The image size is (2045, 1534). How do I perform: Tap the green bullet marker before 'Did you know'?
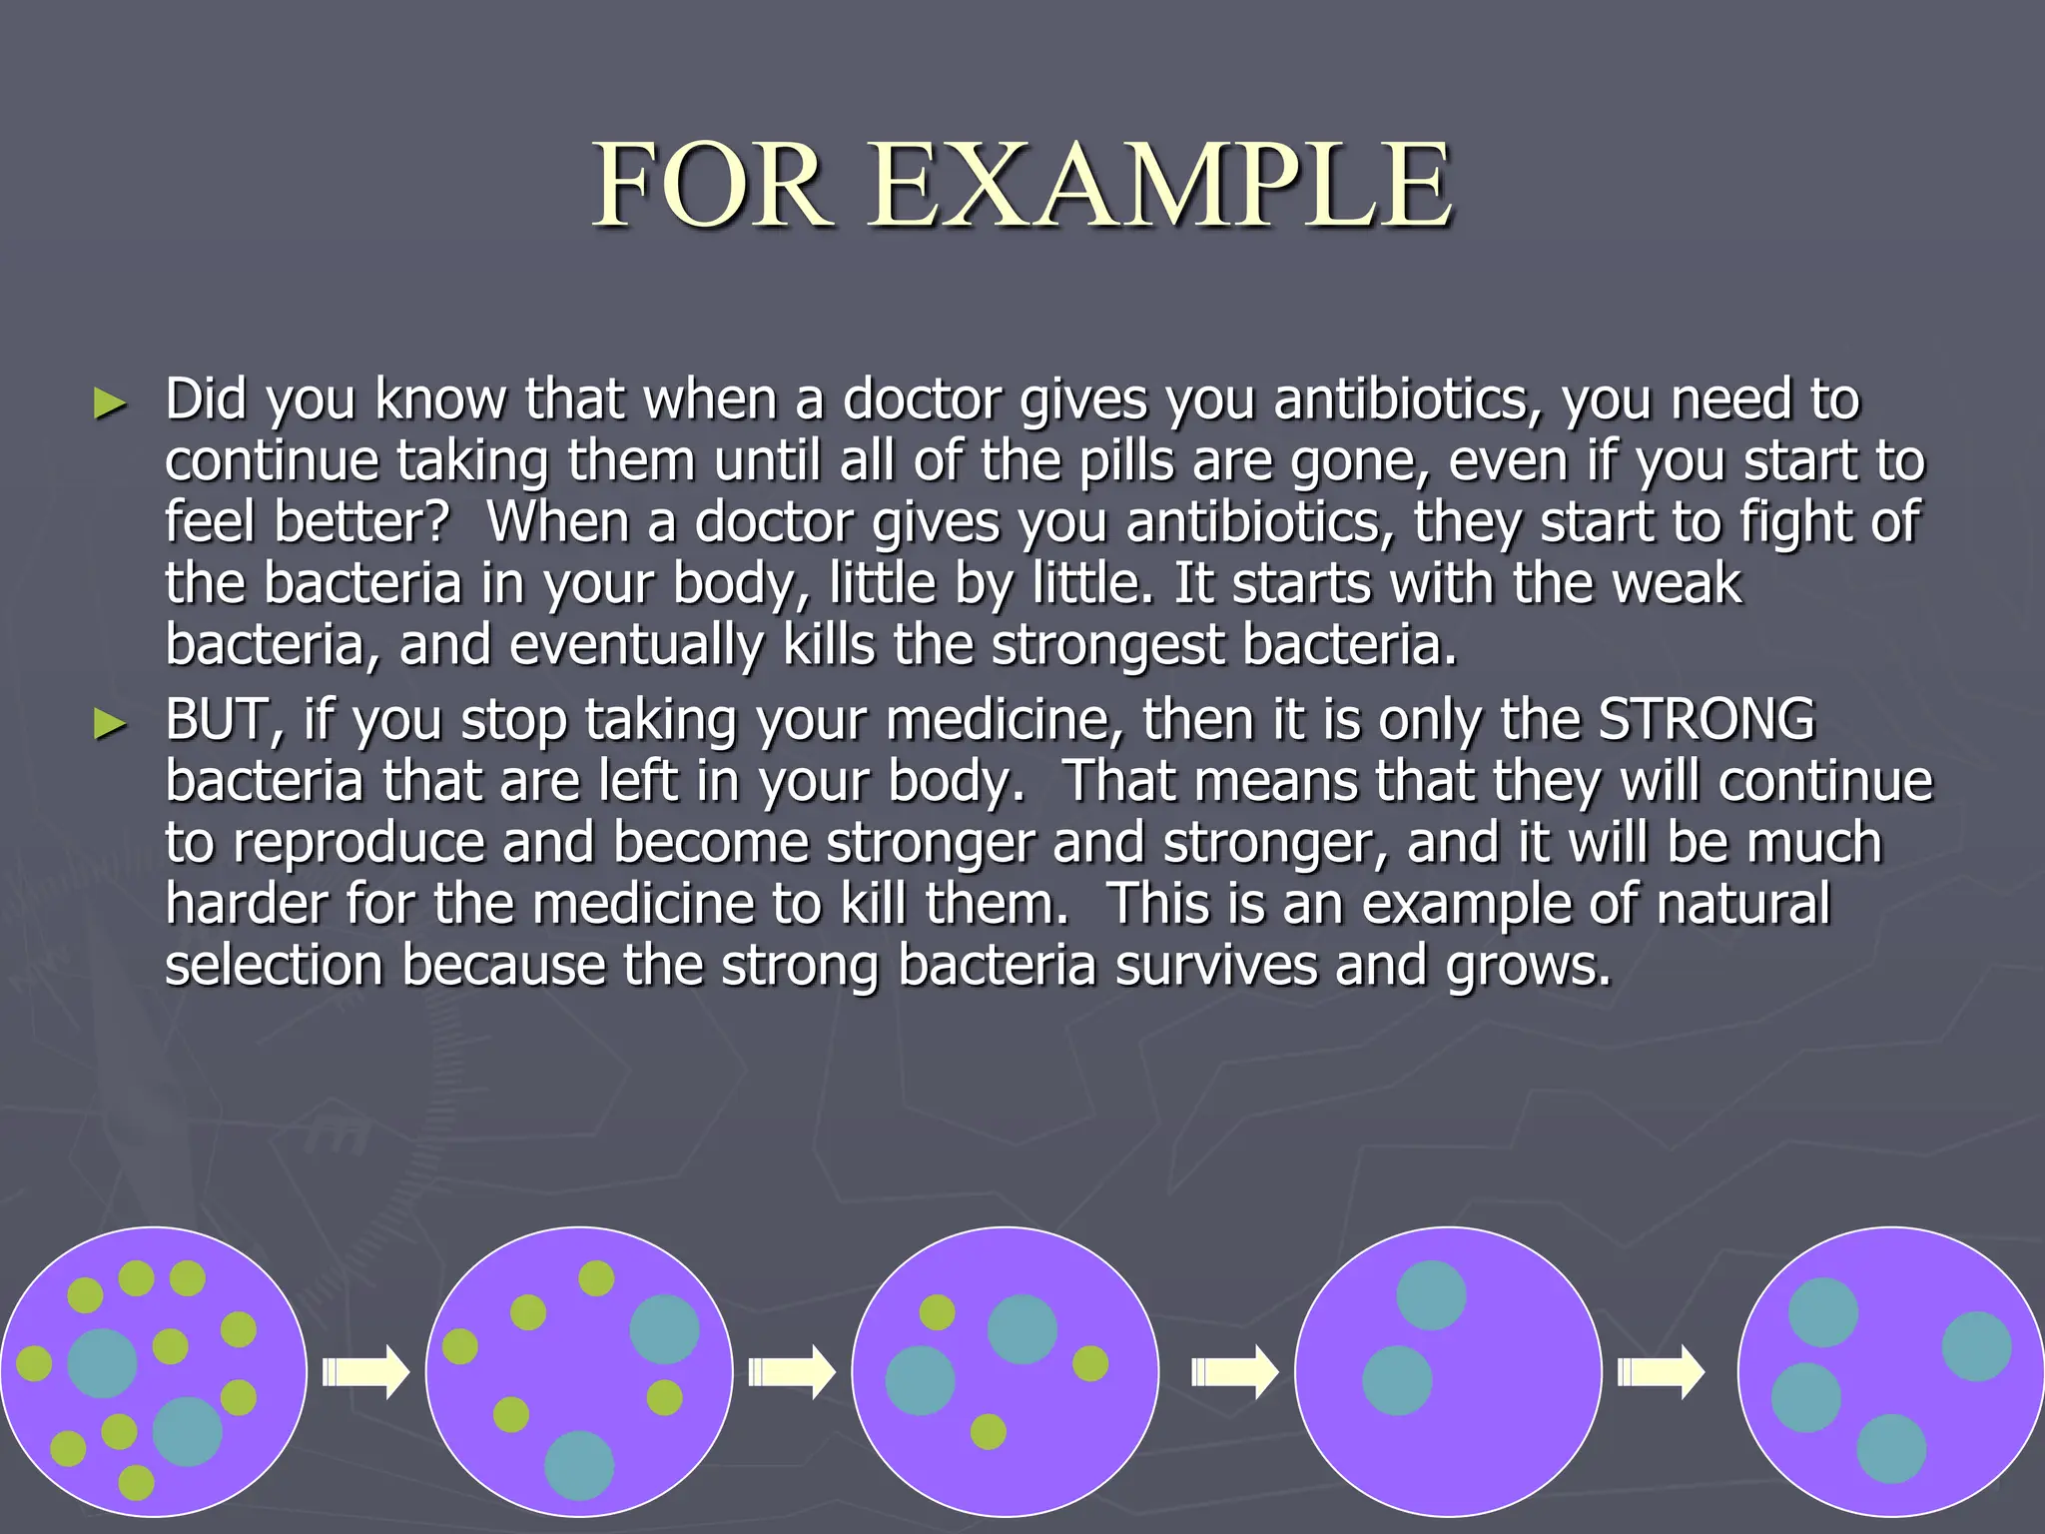point(110,403)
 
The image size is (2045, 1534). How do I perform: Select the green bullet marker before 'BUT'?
point(110,724)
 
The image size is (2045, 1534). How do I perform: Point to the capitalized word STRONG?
point(1706,719)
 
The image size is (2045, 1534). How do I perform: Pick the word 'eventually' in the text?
point(636,645)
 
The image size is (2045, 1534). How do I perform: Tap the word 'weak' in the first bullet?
point(1678,583)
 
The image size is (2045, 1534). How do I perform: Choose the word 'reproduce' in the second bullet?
point(358,843)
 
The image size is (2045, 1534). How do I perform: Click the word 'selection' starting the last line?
point(274,966)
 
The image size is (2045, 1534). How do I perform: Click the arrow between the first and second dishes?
point(365,1372)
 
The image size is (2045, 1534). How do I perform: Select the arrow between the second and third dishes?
point(792,1372)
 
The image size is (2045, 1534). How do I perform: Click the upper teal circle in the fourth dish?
point(1431,1295)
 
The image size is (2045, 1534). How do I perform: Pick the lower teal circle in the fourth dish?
point(1397,1380)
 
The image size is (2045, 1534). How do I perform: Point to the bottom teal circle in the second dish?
point(579,1465)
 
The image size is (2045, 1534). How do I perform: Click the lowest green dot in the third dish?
point(989,1431)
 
